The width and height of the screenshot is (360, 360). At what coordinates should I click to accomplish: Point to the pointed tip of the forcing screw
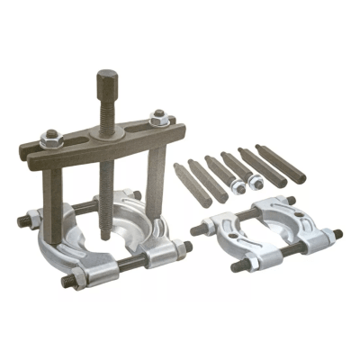(x=106, y=236)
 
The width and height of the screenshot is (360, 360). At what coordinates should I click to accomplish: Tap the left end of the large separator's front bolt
(x=67, y=282)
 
